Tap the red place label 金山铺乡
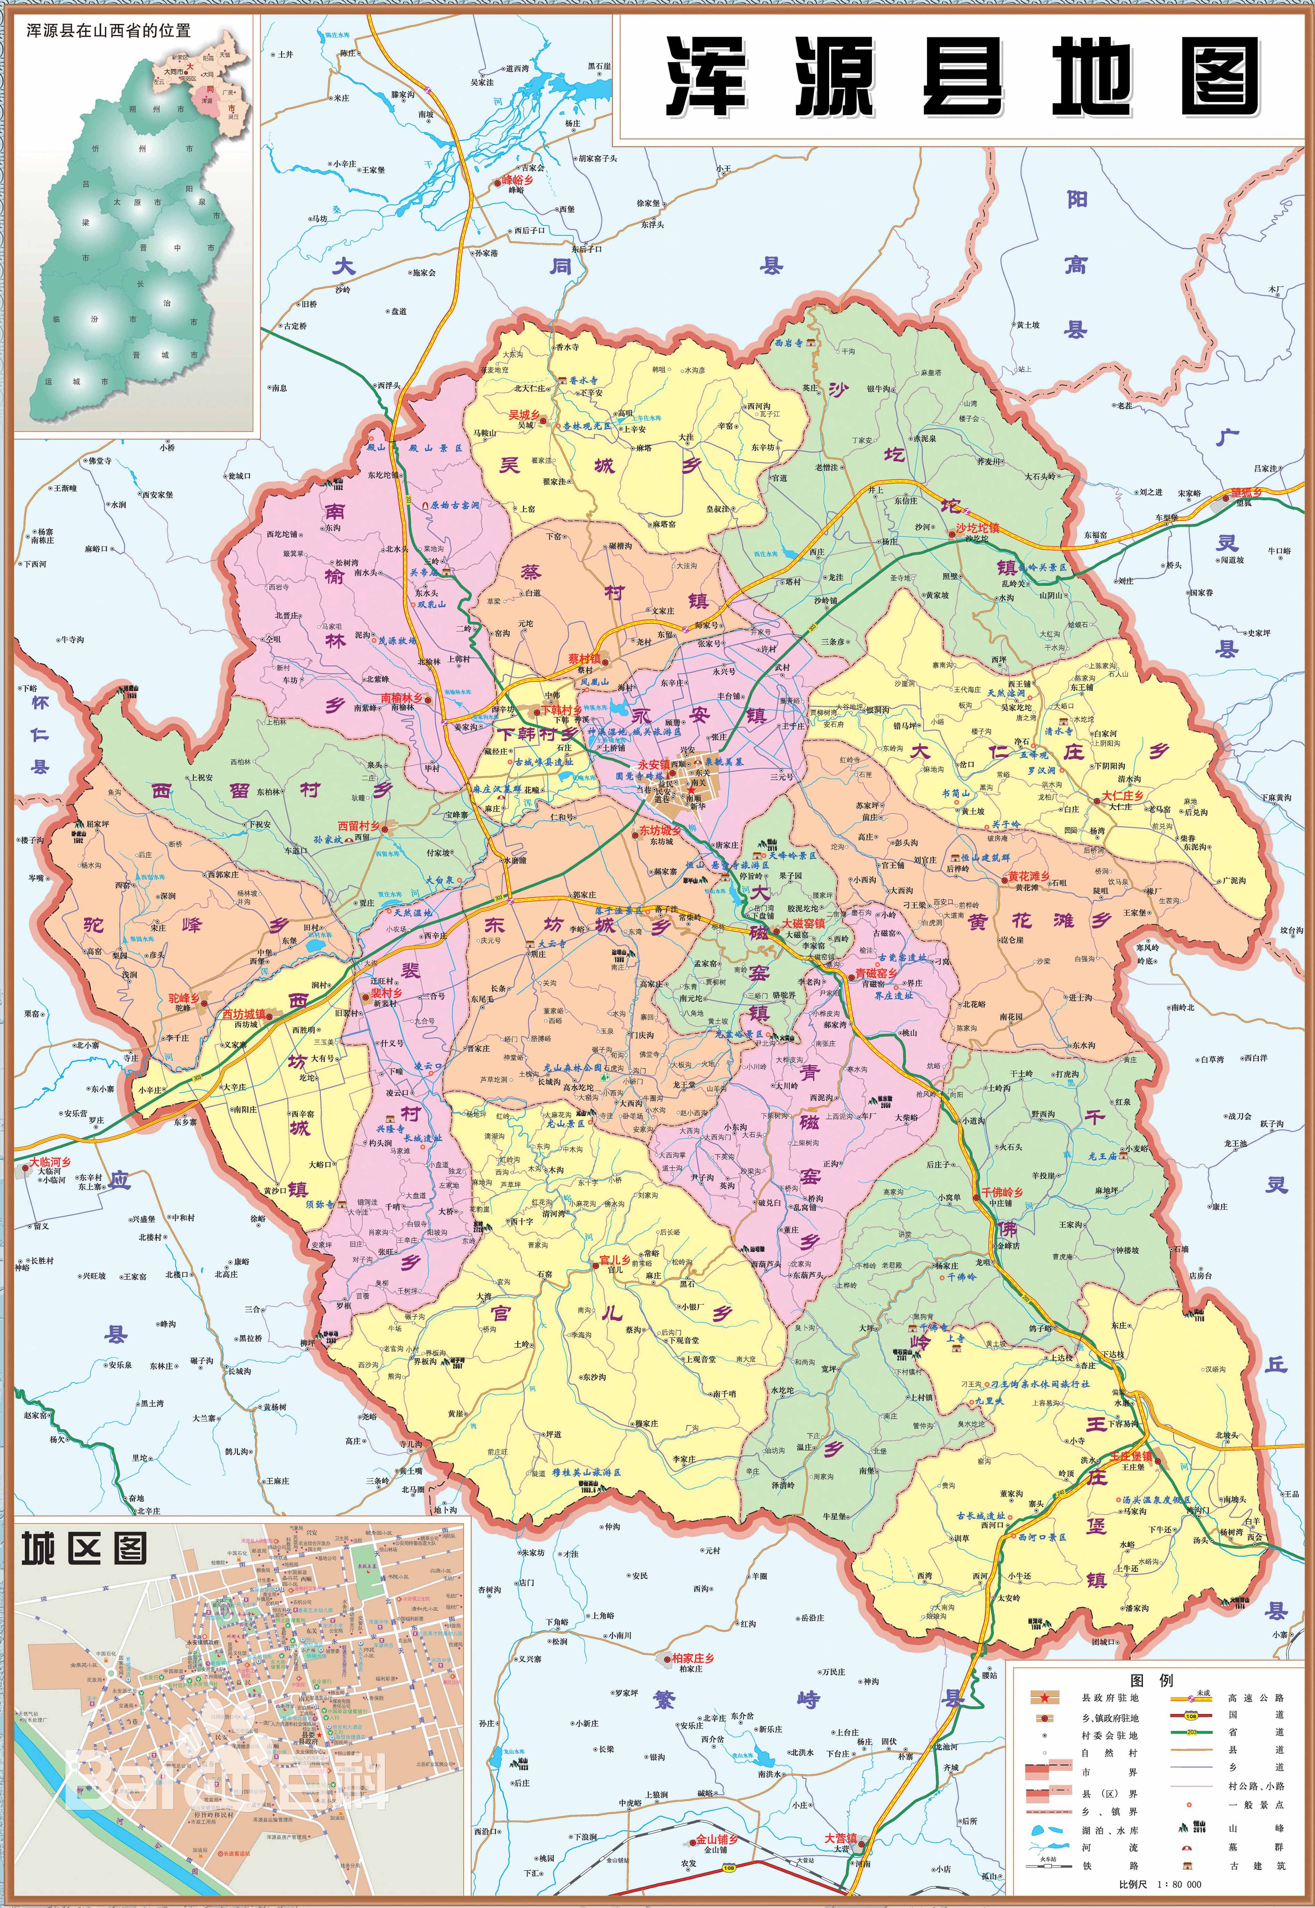[716, 1840]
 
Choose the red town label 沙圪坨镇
[977, 528]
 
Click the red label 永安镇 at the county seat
[653, 764]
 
